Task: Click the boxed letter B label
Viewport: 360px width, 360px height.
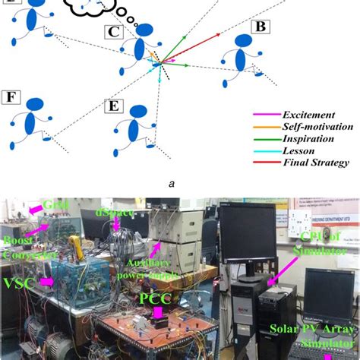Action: point(261,27)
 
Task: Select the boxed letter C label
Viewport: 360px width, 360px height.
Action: point(112,33)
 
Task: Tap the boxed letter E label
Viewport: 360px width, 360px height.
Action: point(112,105)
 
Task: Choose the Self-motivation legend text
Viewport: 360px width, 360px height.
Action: point(314,125)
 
